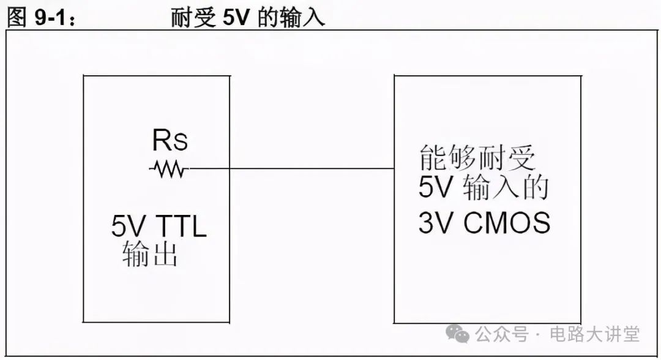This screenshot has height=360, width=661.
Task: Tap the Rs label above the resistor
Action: [170, 142]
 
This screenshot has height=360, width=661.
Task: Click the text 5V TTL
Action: [159, 228]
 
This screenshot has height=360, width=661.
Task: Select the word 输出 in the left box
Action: [150, 254]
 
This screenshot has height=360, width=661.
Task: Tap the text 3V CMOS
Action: [484, 223]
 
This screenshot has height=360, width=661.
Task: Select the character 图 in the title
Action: [17, 18]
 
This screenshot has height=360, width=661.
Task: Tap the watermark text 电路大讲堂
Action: [595, 334]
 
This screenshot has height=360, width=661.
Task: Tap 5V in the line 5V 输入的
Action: [435, 189]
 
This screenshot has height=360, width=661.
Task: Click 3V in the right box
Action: [435, 223]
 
